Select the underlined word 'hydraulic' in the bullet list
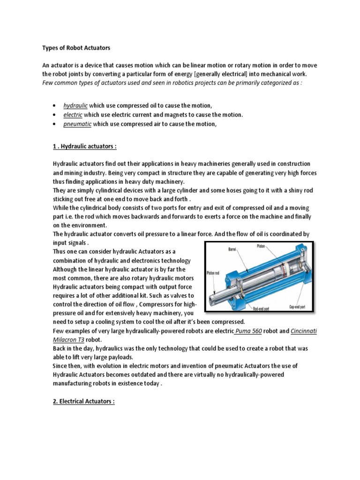point(75,106)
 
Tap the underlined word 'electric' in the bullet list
point(73,115)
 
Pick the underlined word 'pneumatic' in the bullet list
point(78,124)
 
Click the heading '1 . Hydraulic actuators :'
point(84,146)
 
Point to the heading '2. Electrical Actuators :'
point(83,402)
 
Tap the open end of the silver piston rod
point(217,296)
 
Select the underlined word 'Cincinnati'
point(304,331)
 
